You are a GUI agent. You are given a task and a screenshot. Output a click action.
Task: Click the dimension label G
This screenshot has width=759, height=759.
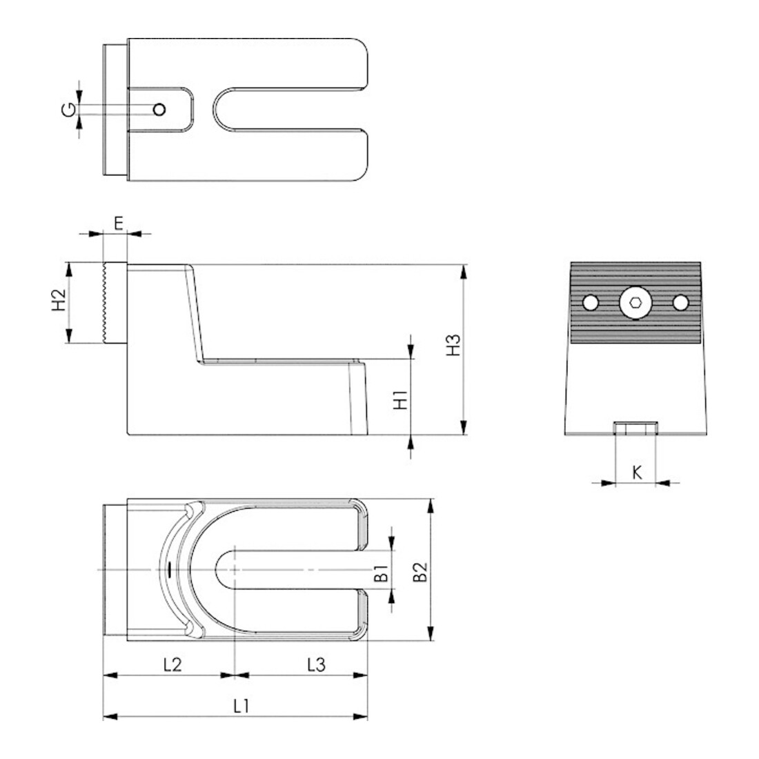[x=69, y=110]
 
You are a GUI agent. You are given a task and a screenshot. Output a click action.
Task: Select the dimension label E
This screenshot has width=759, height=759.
[x=119, y=223]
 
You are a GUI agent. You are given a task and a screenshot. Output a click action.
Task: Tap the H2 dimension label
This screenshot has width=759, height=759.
[x=59, y=299]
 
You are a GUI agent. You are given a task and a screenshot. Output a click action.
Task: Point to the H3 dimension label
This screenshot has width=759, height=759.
[x=453, y=344]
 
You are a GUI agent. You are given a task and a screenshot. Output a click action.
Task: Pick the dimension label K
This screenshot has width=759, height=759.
[x=637, y=473]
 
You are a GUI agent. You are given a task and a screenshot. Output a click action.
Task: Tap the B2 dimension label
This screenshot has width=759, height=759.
[x=420, y=572]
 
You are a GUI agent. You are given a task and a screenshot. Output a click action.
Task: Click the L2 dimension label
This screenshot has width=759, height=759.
[x=172, y=664]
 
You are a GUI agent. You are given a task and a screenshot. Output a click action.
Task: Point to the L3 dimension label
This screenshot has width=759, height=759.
[x=317, y=664]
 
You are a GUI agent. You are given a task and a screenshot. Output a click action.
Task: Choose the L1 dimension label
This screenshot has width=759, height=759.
[x=241, y=707]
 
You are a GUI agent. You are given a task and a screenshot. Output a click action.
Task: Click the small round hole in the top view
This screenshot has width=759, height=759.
[x=159, y=110]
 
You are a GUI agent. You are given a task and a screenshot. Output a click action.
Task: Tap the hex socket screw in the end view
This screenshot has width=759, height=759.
[x=635, y=303]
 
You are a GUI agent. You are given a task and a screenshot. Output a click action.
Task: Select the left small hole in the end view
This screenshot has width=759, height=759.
[x=590, y=303]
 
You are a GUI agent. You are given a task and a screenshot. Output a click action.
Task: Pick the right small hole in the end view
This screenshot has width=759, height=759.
[x=680, y=303]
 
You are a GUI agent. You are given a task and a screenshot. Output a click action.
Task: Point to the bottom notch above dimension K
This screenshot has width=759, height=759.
[x=635, y=428]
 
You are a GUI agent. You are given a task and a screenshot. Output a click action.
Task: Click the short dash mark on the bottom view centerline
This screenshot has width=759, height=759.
[x=169, y=569]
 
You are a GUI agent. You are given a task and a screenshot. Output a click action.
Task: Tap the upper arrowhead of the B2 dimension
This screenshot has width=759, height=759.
[x=431, y=506]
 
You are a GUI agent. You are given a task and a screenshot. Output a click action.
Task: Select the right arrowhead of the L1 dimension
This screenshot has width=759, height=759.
[x=361, y=716]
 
